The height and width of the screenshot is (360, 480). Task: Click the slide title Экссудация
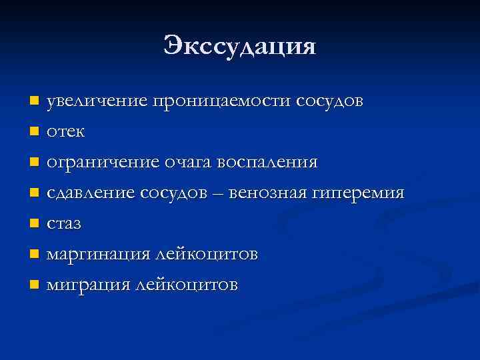point(240,47)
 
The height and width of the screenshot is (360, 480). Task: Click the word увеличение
point(97,101)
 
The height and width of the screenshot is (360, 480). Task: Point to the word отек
point(65,132)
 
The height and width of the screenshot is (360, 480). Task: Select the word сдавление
point(91,193)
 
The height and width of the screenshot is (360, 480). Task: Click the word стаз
point(64,224)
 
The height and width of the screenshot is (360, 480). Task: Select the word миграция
point(89,285)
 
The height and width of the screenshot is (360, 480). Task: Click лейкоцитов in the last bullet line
point(186,285)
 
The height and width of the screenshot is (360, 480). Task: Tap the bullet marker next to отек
point(35,132)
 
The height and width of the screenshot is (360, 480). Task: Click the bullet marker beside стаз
point(35,224)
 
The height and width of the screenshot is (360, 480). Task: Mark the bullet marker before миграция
point(35,285)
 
